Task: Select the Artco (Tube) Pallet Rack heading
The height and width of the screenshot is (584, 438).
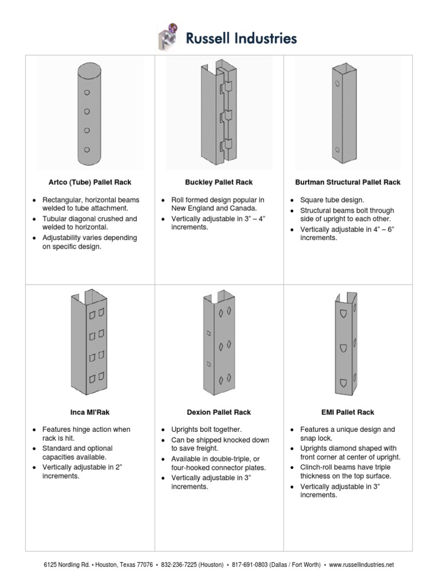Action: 90,182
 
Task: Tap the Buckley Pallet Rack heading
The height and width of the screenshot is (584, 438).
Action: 219,182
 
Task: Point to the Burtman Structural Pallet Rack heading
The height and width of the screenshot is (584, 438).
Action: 347,182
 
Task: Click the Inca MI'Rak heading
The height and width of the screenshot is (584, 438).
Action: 90,412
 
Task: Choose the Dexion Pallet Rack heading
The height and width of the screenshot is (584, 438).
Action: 219,412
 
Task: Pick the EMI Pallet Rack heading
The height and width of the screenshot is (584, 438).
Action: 347,412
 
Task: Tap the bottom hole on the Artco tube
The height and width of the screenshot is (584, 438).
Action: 87,149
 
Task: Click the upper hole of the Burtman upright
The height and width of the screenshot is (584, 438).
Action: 338,84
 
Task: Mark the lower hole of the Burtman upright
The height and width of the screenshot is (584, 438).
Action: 338,151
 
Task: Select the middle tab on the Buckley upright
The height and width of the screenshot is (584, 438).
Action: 228,116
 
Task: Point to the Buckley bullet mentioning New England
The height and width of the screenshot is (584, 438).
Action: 213,205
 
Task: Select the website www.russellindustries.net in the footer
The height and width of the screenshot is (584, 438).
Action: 361,565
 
